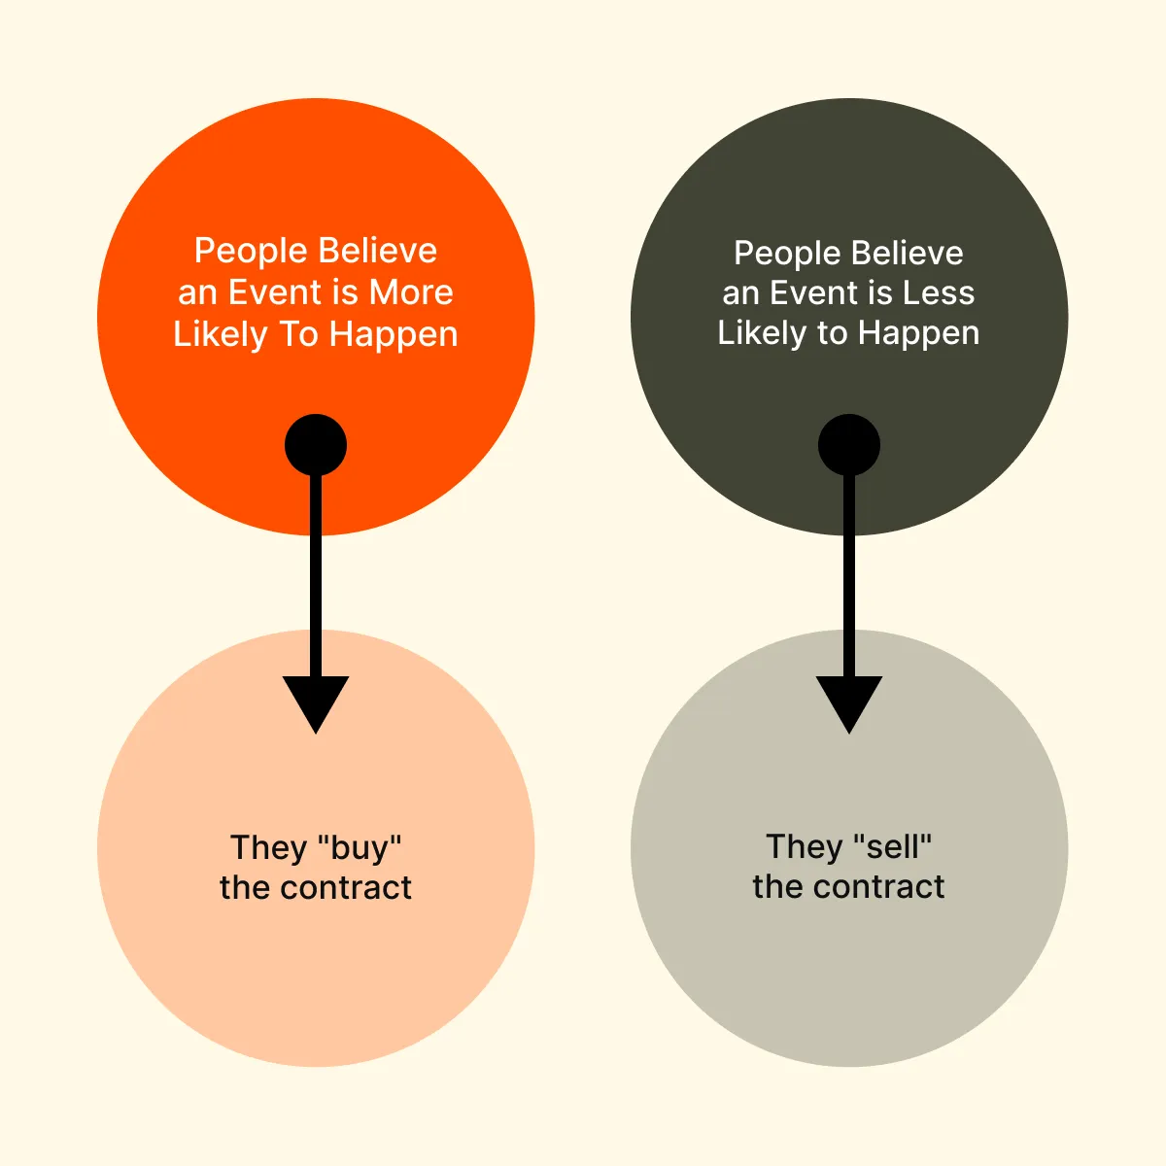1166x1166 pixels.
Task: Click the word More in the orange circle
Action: coord(411,292)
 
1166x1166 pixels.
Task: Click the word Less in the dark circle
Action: coord(939,292)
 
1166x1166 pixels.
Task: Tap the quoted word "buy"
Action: coord(359,848)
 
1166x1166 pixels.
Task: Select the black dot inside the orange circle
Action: coord(316,445)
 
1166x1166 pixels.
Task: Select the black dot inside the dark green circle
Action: coord(849,445)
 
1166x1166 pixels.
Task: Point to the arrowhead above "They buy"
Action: coord(316,704)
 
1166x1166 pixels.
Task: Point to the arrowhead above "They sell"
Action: coord(849,704)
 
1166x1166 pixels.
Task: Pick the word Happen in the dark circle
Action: coord(918,334)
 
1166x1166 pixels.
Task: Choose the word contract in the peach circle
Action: coord(346,888)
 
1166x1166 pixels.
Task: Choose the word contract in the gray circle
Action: coord(878,886)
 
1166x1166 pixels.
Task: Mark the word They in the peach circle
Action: coord(269,848)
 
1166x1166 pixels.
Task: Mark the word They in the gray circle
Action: coord(805,847)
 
